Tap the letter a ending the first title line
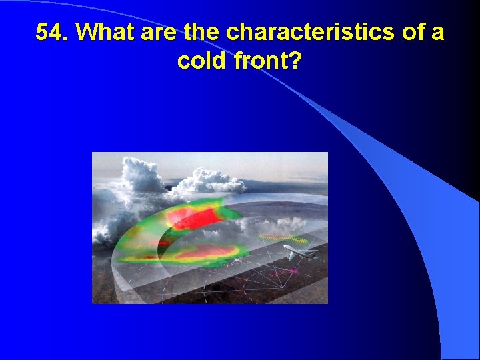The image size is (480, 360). [x=437, y=33]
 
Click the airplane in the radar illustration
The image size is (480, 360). [x=299, y=251]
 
